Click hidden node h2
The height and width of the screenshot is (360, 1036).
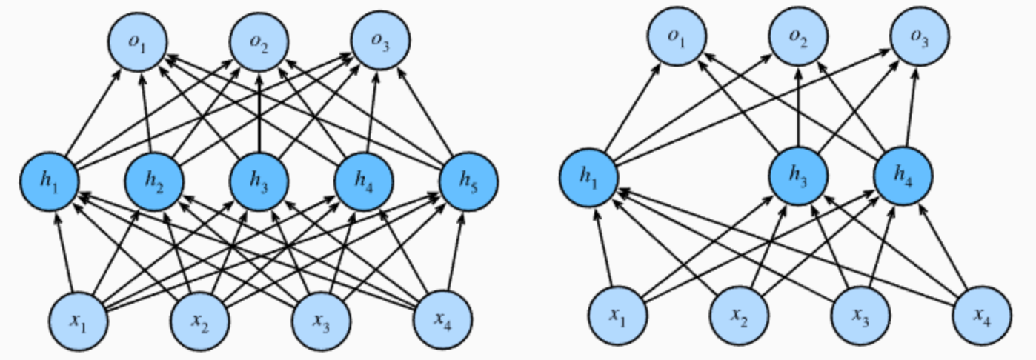click(154, 181)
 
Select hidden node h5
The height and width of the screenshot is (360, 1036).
click(468, 181)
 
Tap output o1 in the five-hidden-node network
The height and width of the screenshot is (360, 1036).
click(137, 42)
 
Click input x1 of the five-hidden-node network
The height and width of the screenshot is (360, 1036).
click(78, 320)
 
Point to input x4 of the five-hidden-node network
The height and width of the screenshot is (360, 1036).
click(442, 320)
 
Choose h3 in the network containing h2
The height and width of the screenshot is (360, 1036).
click(259, 181)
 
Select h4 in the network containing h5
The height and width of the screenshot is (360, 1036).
click(364, 181)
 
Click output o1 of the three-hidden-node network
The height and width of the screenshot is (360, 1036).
click(677, 37)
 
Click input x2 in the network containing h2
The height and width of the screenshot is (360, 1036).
click(199, 320)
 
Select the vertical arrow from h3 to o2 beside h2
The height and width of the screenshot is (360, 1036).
click(259, 111)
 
